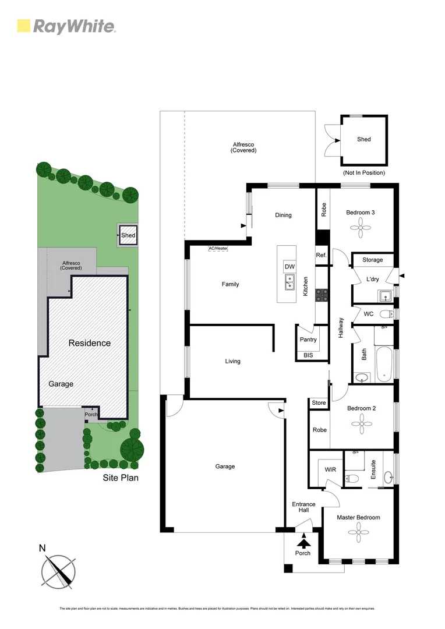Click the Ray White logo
66,26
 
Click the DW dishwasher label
289,267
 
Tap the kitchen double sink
289,282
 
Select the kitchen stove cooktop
321,296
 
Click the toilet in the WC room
386,314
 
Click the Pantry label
308,340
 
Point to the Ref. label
321,255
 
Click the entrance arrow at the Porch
303,543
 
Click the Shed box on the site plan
128,235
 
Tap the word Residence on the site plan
90,343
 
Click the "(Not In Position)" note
364,173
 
